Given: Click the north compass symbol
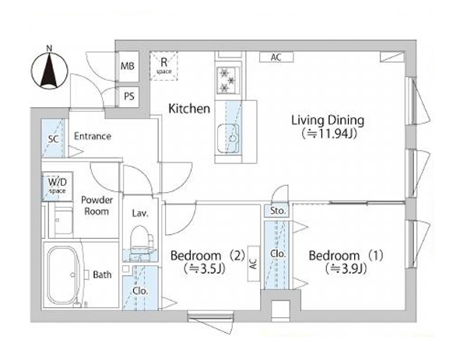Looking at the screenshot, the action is click(50, 69).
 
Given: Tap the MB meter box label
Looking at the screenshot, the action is click(128, 66).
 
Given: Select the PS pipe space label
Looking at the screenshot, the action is click(129, 96).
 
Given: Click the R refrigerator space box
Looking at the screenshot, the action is click(164, 65).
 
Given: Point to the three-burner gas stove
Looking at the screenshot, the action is click(228, 80).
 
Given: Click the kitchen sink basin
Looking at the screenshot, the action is click(229, 138).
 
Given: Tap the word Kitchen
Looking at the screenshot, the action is click(189, 109).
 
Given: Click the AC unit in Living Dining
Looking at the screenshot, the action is click(276, 58).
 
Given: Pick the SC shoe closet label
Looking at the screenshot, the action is click(54, 139).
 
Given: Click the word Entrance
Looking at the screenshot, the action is click(93, 136).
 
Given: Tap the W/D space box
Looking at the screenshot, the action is click(57, 186).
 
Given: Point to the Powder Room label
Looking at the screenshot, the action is click(97, 205).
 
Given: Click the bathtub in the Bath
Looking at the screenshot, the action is click(64, 275).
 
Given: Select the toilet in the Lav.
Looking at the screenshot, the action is click(141, 239).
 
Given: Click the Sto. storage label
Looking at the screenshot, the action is click(278, 211).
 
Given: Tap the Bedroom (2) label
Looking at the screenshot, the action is click(207, 255).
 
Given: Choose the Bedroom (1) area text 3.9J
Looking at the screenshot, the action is click(346, 268).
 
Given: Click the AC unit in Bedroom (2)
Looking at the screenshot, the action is click(254, 264).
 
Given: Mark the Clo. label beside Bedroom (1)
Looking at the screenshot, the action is click(278, 254).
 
